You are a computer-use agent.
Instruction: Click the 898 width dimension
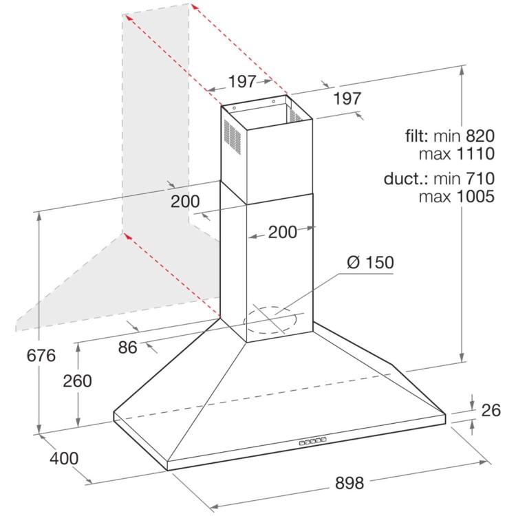350,483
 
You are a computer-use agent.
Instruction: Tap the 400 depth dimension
64,458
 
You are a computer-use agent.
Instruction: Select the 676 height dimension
41,356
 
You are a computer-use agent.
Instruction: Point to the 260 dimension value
77,380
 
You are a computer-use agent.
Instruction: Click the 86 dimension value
128,347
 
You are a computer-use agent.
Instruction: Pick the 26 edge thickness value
491,410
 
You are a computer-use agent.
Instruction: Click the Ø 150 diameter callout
370,262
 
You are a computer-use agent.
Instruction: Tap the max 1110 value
457,153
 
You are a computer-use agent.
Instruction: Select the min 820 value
464,136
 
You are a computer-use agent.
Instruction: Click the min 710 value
464,178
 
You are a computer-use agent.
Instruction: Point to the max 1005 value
457,196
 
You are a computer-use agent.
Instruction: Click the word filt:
417,136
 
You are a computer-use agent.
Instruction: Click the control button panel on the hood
312,441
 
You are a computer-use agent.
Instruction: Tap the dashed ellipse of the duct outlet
270,319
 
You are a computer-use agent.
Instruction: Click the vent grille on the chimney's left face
233,135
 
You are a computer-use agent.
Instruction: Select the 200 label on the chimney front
282,232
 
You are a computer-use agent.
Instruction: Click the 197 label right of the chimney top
347,98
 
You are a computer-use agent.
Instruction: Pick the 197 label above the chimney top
242,81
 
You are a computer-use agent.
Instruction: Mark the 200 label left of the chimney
185,201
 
